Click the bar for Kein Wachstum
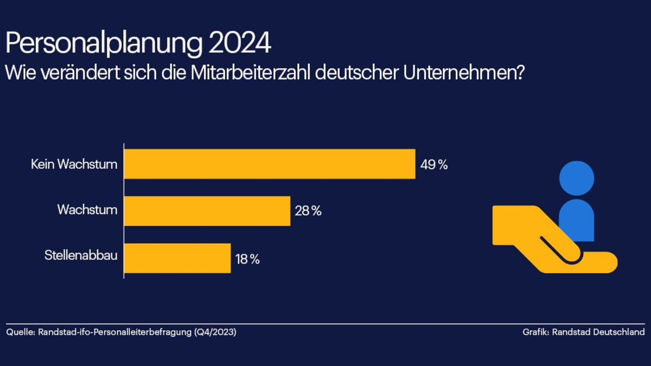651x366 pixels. pyautogui.click(x=270, y=164)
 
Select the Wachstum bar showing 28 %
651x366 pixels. pyautogui.click(x=207, y=211)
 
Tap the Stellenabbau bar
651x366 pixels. pyautogui.click(x=177, y=258)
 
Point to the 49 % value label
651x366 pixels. pyautogui.click(x=434, y=165)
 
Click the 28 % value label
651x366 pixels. pyautogui.click(x=308, y=211)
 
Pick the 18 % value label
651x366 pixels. pyautogui.click(x=247, y=259)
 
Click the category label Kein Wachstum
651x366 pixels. pyautogui.click(x=74, y=164)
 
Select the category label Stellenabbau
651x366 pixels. pyautogui.click(x=81, y=255)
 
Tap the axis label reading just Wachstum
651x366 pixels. pyautogui.click(x=87, y=210)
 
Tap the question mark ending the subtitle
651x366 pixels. pyautogui.click(x=518, y=73)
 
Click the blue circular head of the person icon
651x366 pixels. pyautogui.click(x=577, y=178)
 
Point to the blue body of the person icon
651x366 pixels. pyautogui.click(x=577, y=221)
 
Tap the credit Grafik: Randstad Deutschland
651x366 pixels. pyautogui.click(x=584, y=332)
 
